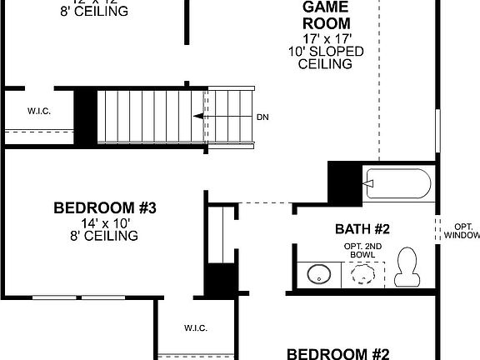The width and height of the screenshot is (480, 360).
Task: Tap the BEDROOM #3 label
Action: click(x=105, y=207)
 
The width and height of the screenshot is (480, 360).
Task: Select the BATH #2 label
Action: click(x=362, y=228)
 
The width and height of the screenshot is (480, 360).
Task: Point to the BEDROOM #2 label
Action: click(x=338, y=353)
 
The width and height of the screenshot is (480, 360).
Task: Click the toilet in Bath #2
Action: click(x=408, y=267)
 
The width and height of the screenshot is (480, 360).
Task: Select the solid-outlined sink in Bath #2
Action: click(x=318, y=272)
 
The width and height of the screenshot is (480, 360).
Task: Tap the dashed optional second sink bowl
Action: click(x=363, y=273)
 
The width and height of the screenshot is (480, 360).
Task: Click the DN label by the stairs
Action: click(x=262, y=117)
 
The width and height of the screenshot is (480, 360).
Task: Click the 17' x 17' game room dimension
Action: click(x=325, y=37)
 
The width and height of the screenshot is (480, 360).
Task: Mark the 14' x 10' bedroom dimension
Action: click(x=105, y=222)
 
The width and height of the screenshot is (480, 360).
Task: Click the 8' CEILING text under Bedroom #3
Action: click(x=105, y=236)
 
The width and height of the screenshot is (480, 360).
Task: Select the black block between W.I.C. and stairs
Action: click(x=85, y=109)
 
